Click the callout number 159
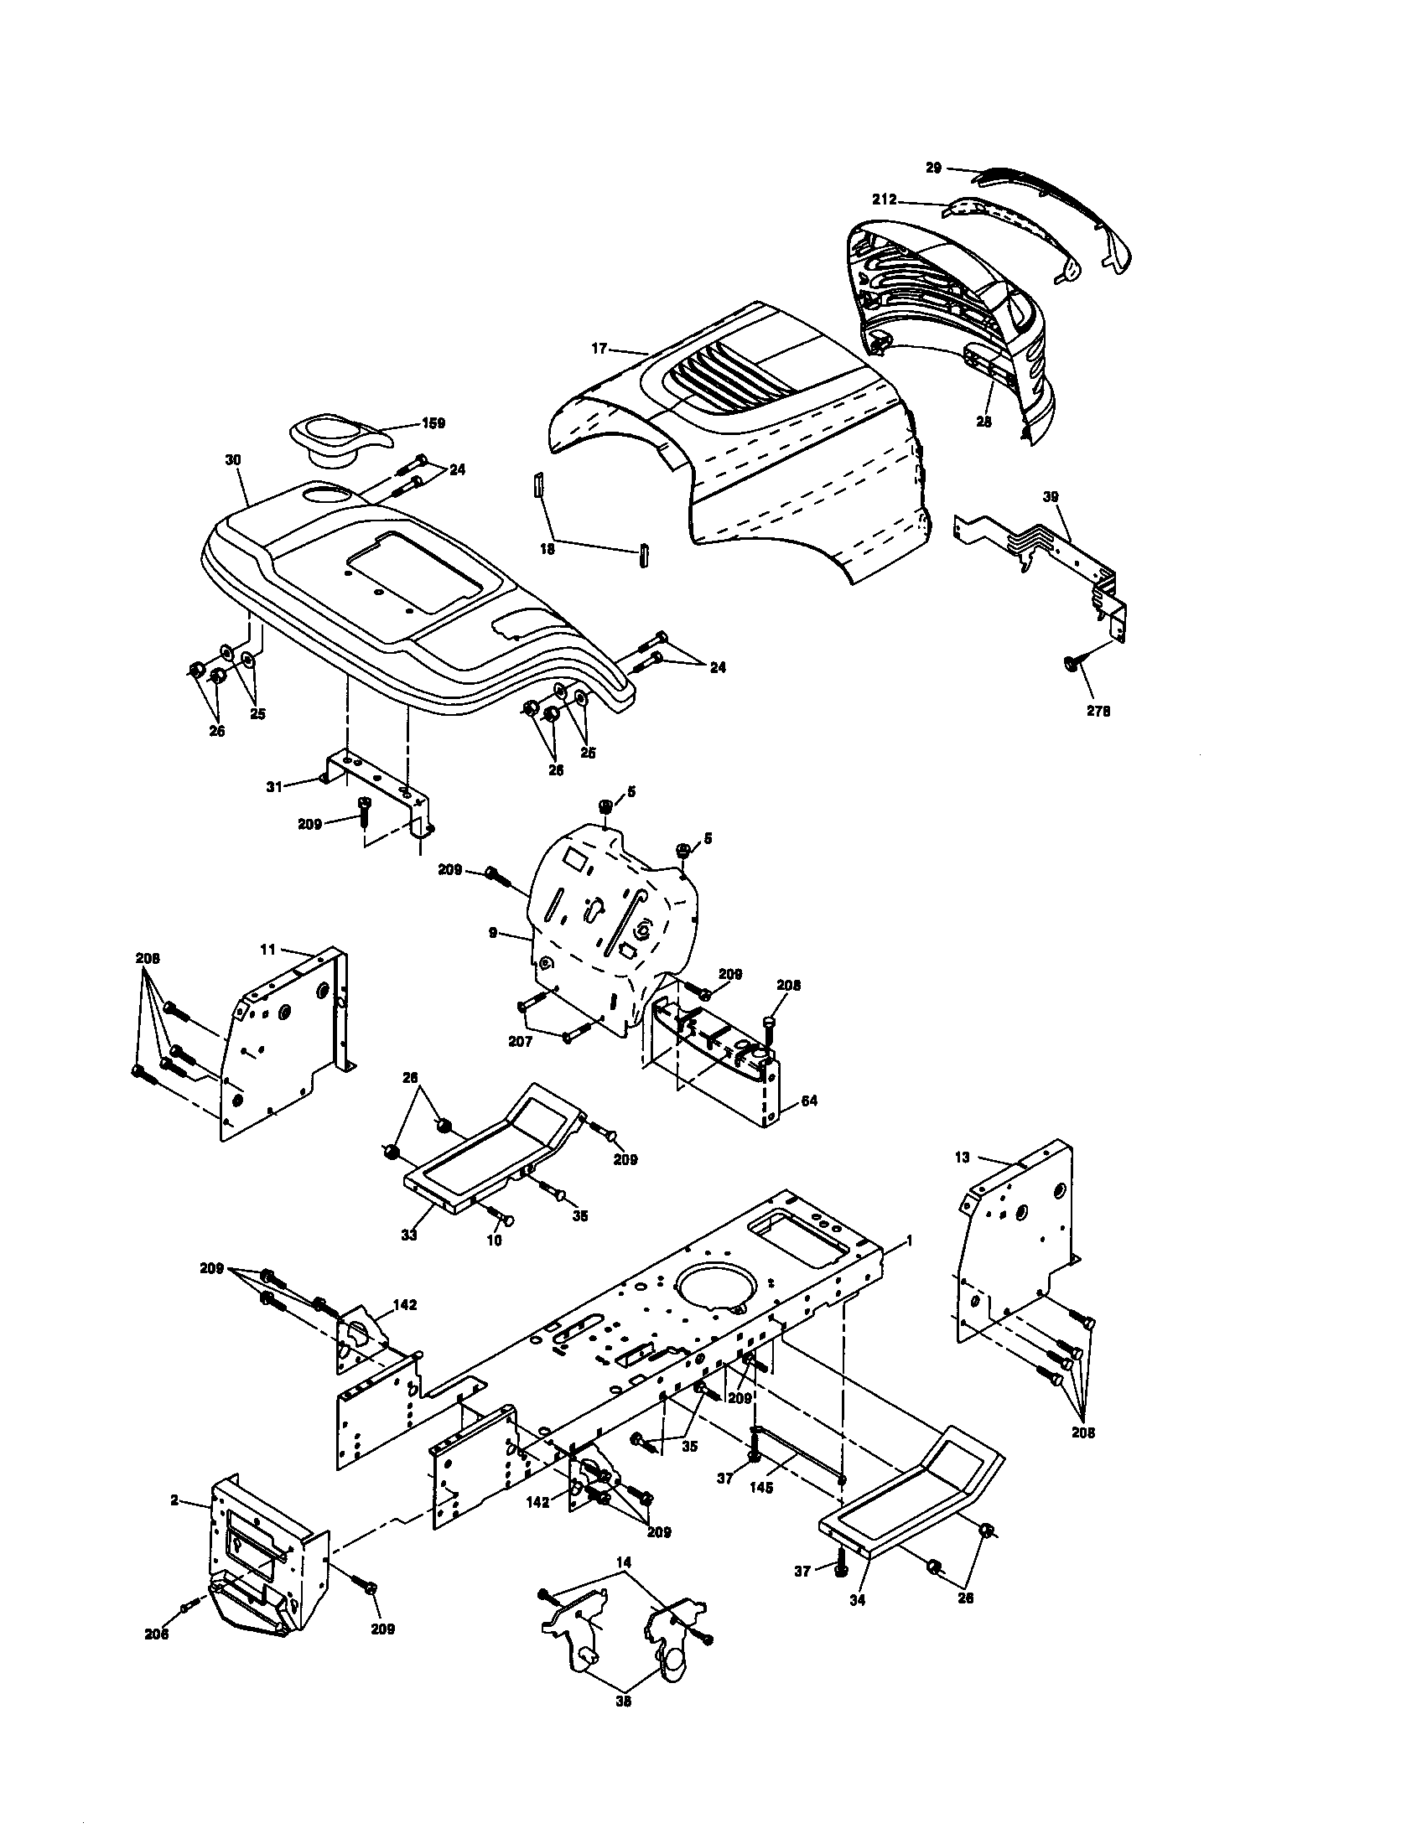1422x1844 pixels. (x=433, y=423)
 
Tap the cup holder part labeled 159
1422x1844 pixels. (x=335, y=439)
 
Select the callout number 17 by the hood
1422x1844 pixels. (x=599, y=348)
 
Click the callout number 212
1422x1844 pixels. (x=884, y=200)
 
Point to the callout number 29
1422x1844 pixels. (x=933, y=168)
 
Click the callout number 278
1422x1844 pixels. (x=1098, y=711)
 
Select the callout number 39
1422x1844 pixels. (x=1051, y=496)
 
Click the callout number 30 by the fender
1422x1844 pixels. (x=233, y=460)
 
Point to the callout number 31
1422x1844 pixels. (x=273, y=786)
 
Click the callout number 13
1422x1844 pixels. (x=963, y=1158)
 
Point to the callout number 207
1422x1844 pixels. (x=520, y=1042)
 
